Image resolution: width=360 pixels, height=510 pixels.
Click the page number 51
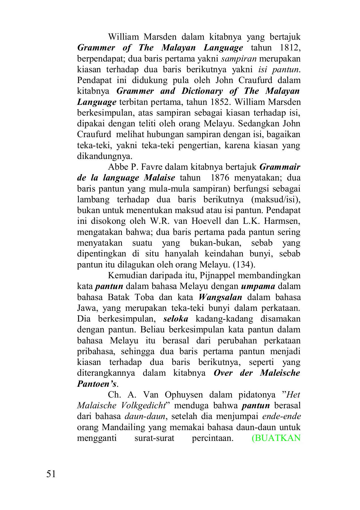click(x=51, y=474)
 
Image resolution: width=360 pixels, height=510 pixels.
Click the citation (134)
click(x=244, y=265)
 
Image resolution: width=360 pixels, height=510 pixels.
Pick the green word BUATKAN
click(x=276, y=438)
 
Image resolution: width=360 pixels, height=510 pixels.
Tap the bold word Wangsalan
click(x=220, y=297)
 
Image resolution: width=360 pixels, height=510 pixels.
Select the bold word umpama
click(x=258, y=286)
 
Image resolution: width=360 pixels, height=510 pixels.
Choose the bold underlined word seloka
click(x=176, y=319)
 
